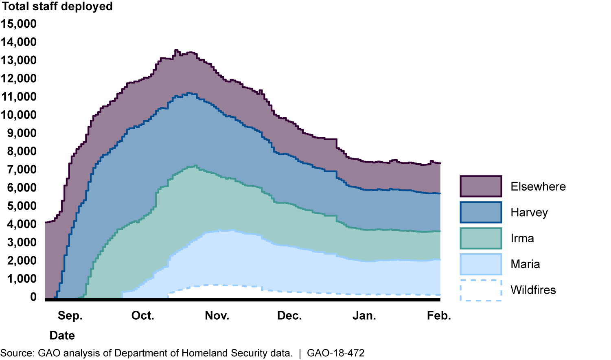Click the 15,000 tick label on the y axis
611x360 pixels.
click(x=19, y=24)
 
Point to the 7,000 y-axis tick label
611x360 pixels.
click(x=22, y=169)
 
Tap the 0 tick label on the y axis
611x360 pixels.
click(x=33, y=297)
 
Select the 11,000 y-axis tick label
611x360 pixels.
click(x=19, y=97)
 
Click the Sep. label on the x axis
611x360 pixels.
click(x=70, y=316)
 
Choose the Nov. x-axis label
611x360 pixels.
click(x=217, y=316)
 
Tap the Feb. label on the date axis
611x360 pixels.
click(x=439, y=316)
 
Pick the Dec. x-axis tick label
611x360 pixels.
click(x=289, y=316)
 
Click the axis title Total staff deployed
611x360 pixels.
click(x=57, y=7)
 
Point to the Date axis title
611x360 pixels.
click(x=62, y=336)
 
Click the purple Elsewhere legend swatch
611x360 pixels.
click(x=481, y=187)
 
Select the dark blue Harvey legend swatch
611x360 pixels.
click(x=481, y=212)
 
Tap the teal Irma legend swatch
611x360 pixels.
click(x=481, y=238)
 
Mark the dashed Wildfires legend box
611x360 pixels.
click(x=481, y=290)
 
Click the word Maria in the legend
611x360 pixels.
click(x=525, y=264)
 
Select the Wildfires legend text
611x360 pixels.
click(x=533, y=290)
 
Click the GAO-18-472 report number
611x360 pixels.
click(x=335, y=353)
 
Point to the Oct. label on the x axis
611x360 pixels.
click(x=143, y=316)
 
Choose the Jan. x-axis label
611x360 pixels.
click(x=364, y=316)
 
